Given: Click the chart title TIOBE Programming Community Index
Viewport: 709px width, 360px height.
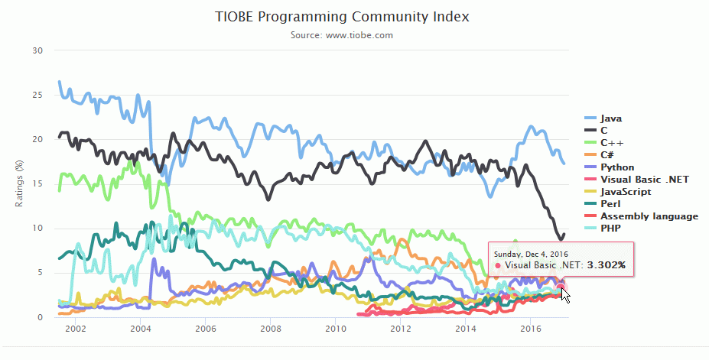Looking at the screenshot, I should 354,16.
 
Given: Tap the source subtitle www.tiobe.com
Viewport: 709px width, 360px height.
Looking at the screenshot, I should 354,35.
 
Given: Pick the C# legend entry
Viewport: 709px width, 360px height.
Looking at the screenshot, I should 608,155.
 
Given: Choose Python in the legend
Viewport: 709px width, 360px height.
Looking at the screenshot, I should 616,167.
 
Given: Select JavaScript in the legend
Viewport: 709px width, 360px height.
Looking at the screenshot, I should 626,192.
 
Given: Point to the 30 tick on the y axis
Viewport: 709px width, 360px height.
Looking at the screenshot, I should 37,50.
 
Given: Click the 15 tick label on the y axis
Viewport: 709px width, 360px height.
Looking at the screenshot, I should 37,183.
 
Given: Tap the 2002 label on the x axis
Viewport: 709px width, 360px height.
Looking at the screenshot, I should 74,328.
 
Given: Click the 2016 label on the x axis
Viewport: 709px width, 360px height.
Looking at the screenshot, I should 531,328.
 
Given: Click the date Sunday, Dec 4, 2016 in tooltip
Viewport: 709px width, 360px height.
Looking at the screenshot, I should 530,253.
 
